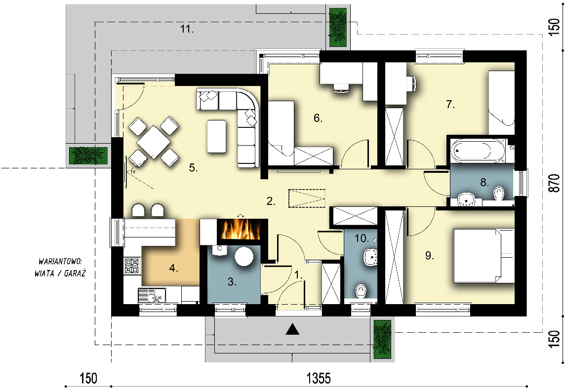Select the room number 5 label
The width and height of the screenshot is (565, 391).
(194, 168)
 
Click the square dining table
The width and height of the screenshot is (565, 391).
(154, 142)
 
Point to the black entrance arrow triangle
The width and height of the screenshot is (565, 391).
(292, 329)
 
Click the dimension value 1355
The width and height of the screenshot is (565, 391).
(319, 378)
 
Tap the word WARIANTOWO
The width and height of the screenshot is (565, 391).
(60, 261)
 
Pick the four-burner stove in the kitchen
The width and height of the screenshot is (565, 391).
(132, 266)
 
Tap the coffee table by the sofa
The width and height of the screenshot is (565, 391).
(216, 136)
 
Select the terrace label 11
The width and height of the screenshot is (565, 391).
(187, 29)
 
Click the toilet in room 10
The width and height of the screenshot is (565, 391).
(361, 291)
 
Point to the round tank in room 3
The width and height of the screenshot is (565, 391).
(244, 256)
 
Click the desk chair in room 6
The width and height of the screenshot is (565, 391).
(340, 88)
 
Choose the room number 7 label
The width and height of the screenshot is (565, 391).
(450, 105)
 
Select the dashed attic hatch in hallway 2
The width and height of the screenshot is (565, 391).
(307, 198)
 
